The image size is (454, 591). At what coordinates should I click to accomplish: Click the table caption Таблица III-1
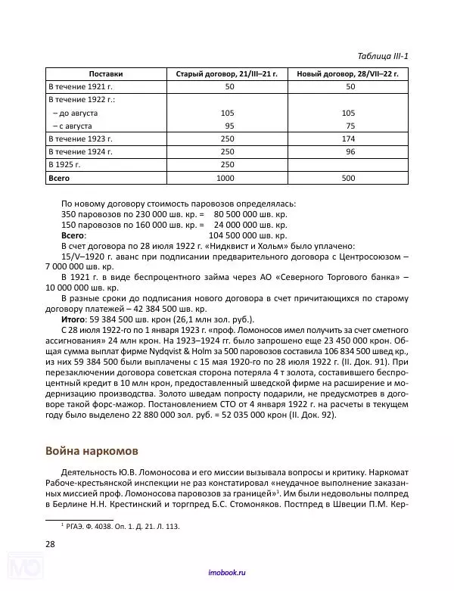coord(382,56)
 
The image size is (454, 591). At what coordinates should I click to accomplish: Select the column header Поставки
coord(105,74)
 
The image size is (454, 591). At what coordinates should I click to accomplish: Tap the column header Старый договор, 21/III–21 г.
coord(226,74)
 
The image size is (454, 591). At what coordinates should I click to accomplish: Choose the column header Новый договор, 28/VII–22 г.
coord(348,74)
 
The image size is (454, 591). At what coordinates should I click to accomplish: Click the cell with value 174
coord(348,138)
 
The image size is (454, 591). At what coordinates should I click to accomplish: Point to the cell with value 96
coord(350,151)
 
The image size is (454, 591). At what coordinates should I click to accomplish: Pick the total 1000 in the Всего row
coord(226,178)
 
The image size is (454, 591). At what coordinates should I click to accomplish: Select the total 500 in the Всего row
coord(348,178)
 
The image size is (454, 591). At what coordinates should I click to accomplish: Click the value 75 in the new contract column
coord(350,126)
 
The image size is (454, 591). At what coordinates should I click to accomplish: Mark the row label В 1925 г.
coord(67,164)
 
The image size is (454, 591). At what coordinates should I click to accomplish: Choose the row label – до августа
coord(76,113)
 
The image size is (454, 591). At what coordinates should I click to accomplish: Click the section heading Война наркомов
coord(92,453)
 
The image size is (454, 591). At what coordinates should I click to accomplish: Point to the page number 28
coord(50,543)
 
